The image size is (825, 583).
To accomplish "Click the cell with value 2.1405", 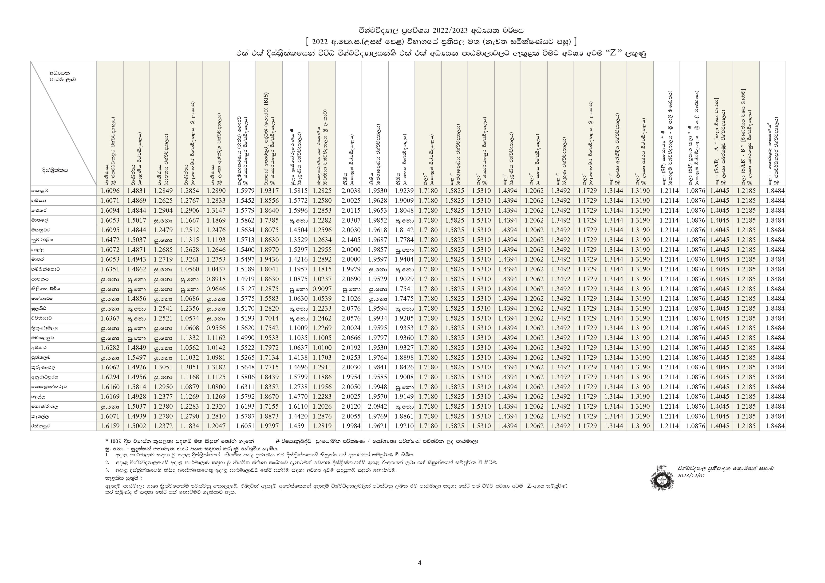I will [348, 240].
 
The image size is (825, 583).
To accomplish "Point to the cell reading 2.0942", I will [375, 407].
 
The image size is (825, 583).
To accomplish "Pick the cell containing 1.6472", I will [110, 240].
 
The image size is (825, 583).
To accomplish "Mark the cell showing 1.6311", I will [243, 387].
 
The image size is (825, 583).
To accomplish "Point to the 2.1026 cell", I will [348, 298].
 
